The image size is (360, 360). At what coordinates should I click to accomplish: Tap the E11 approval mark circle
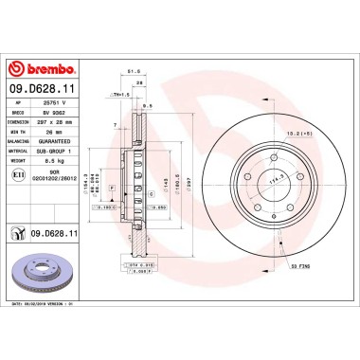coord(17,175)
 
